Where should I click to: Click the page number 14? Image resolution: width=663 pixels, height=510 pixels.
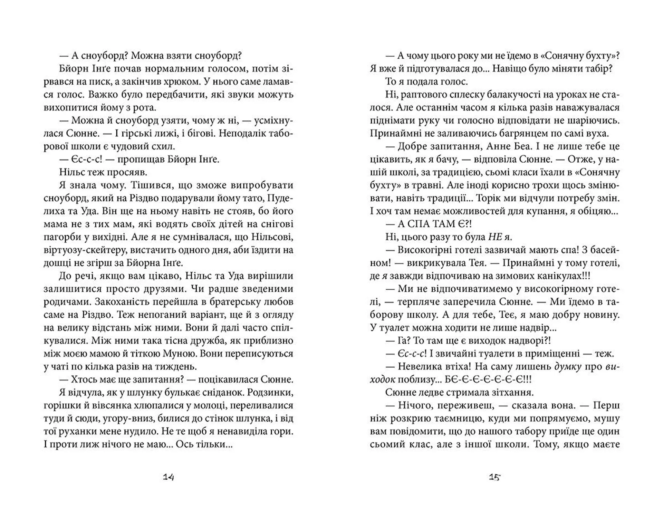click(x=168, y=477)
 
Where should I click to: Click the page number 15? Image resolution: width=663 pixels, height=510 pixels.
click(x=494, y=477)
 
